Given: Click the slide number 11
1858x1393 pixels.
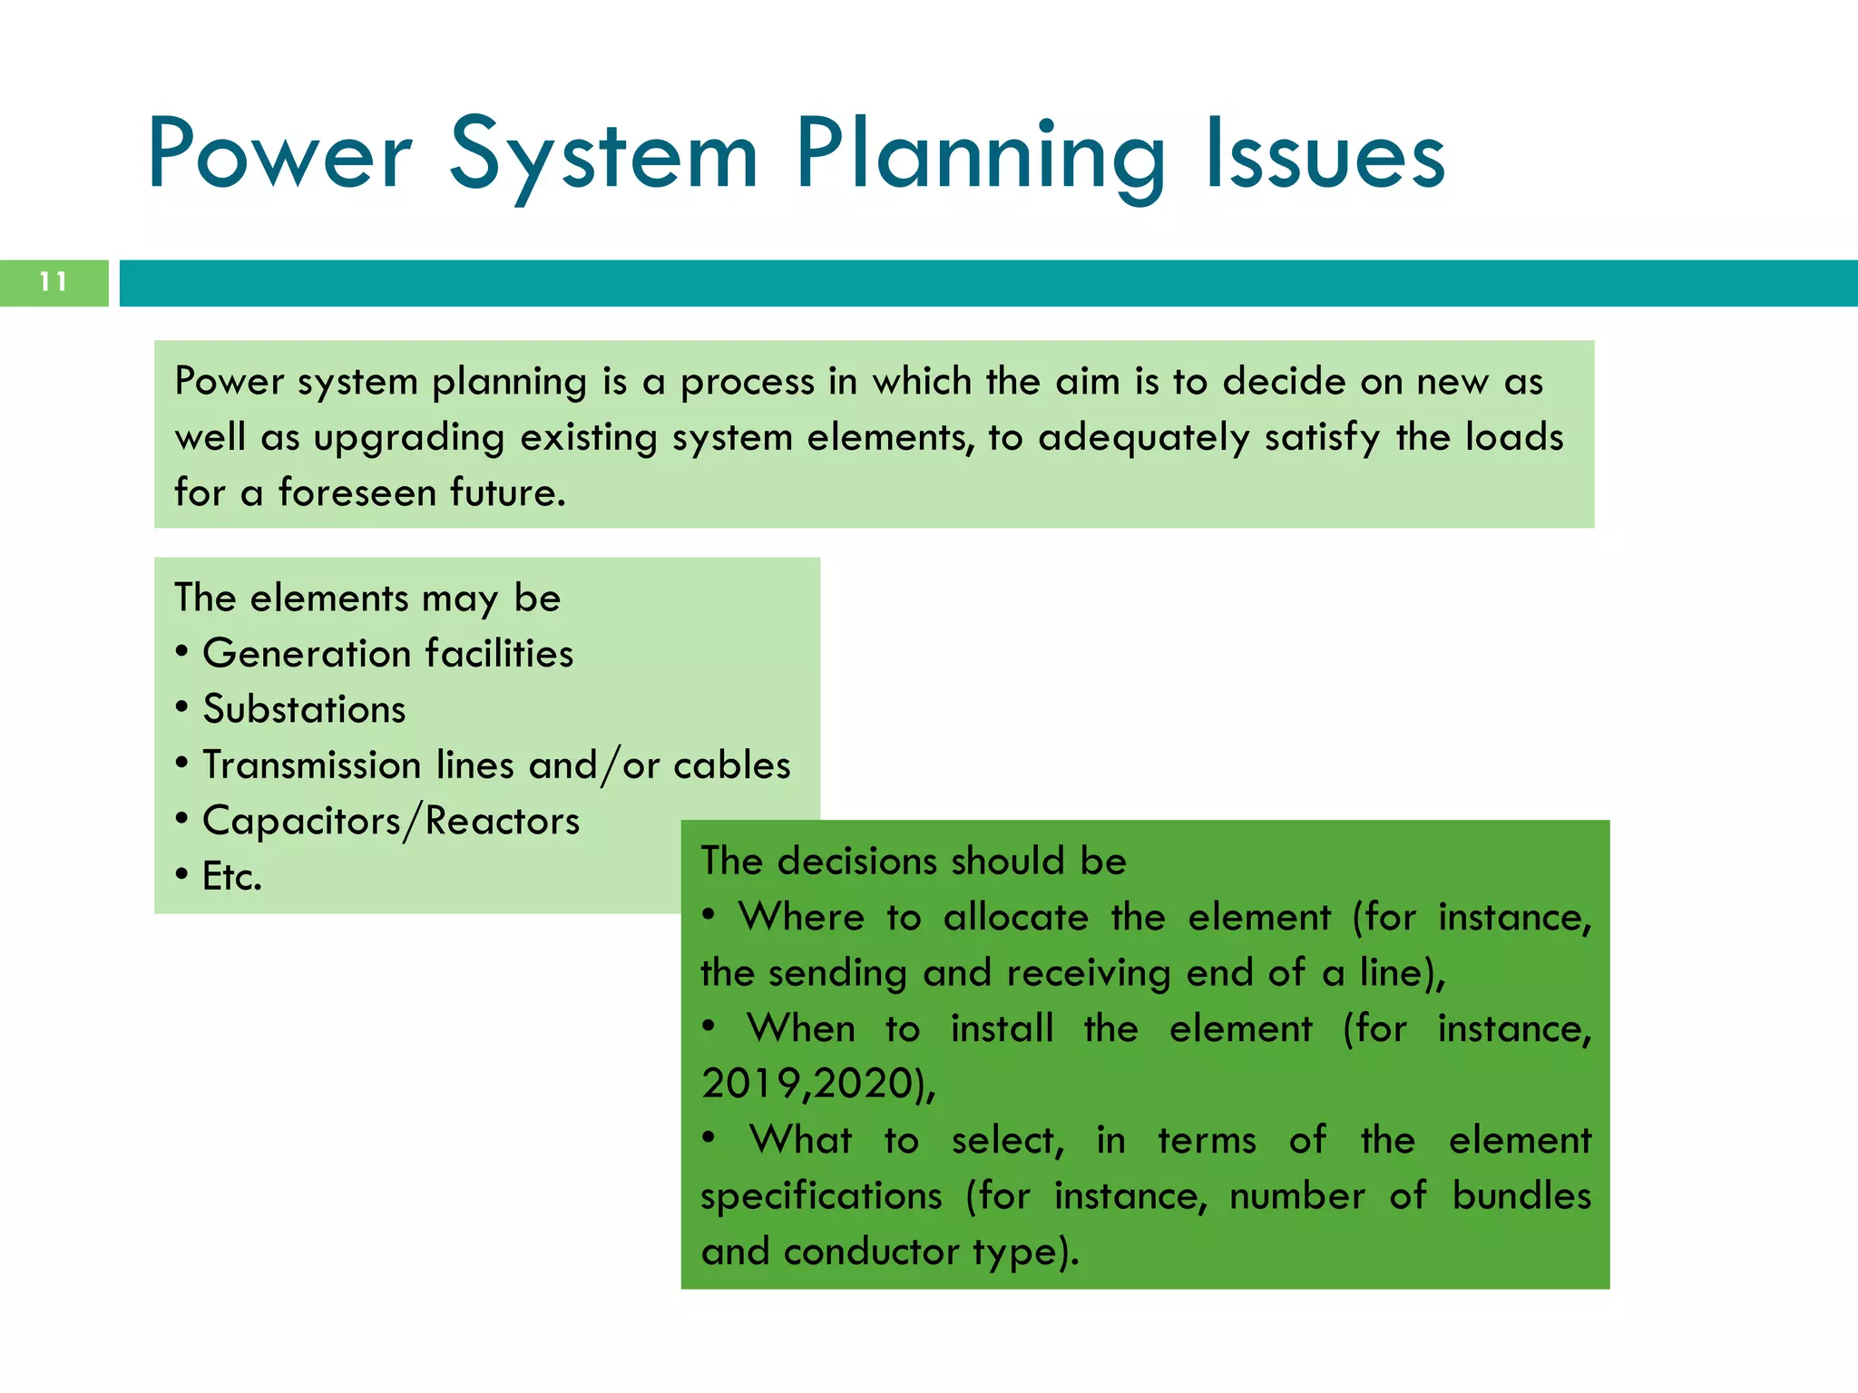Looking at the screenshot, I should click(54, 282).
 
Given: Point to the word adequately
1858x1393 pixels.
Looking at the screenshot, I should click(1143, 437).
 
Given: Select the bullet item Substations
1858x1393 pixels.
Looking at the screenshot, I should click(304, 709).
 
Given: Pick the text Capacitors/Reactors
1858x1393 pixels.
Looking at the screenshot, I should click(390, 821).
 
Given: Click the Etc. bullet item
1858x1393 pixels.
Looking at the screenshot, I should click(231, 877).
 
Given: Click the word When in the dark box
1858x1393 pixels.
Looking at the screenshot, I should click(801, 1028).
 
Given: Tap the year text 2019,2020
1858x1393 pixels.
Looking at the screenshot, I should click(807, 1084).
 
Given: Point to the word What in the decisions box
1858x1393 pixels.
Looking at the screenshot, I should click(801, 1140).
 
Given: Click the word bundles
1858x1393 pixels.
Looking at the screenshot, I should click(1521, 1195).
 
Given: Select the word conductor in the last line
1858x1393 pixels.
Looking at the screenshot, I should click(870, 1252).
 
